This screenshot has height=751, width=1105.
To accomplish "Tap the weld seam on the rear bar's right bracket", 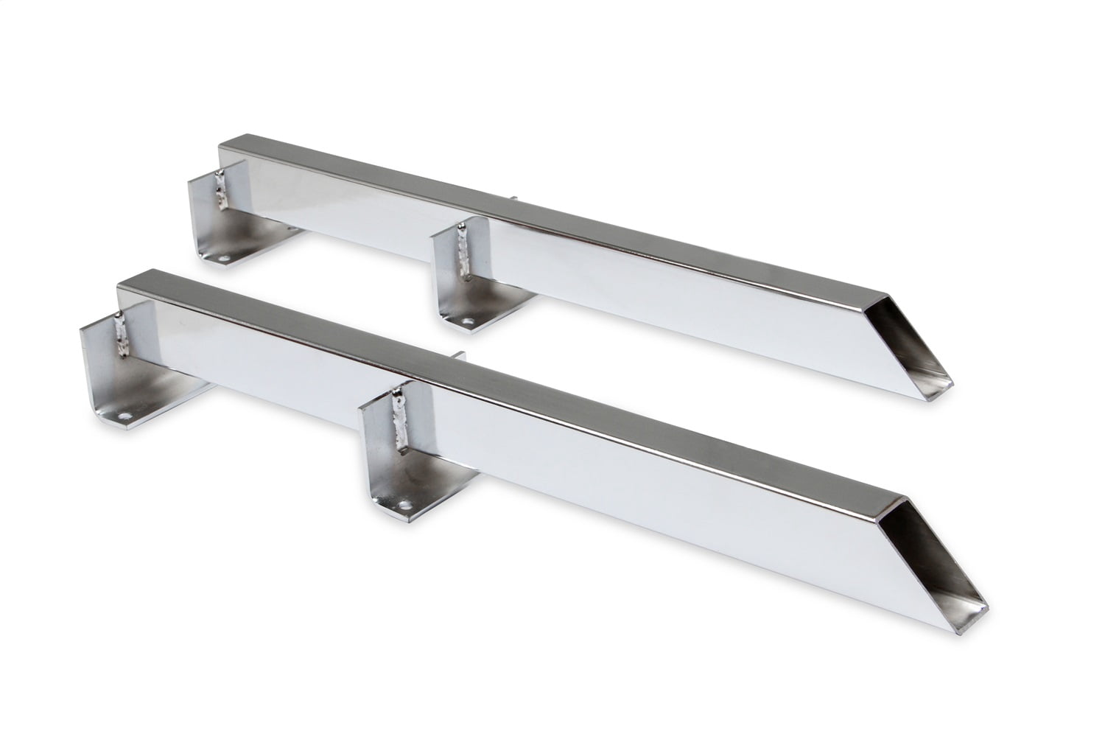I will click(x=463, y=255).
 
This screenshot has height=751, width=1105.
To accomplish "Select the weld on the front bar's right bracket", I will click(x=402, y=419).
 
